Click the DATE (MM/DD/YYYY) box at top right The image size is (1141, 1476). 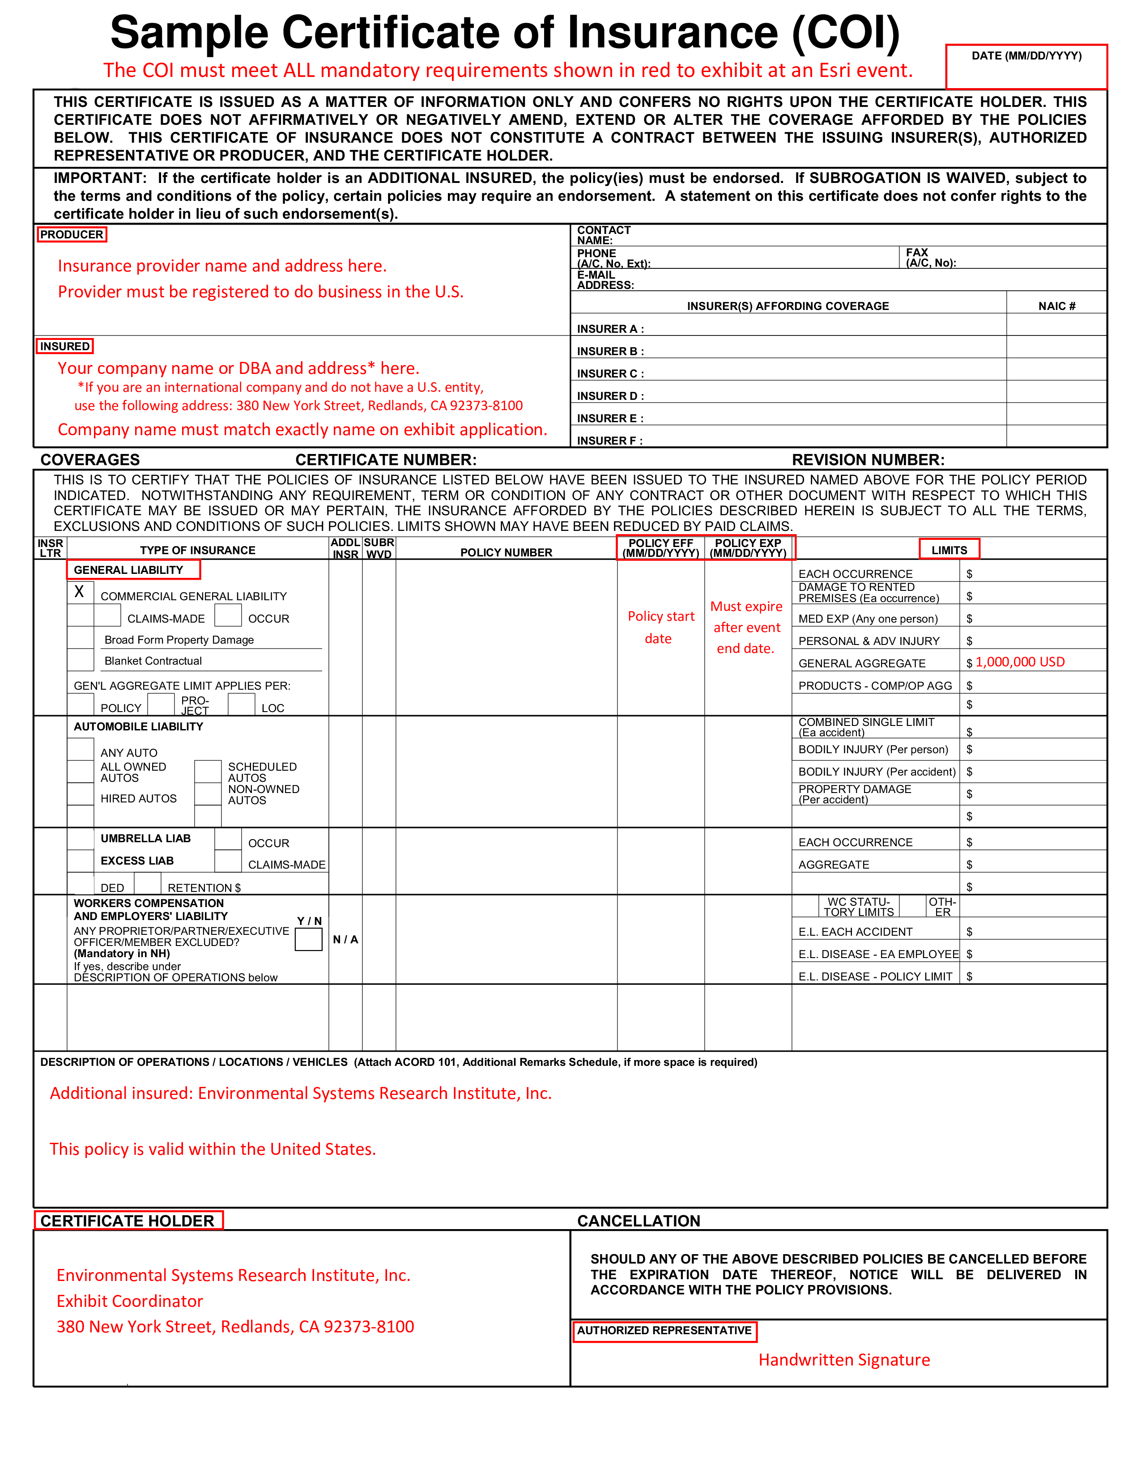tap(1026, 67)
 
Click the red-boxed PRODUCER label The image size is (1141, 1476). tap(72, 234)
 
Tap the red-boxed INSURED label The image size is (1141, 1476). tap(65, 346)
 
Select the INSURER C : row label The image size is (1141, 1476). tap(610, 374)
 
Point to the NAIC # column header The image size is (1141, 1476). tap(1056, 306)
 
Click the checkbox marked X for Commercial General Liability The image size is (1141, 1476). tap(80, 592)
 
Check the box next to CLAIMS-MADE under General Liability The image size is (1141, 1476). tap(107, 616)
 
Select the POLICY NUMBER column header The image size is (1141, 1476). tap(506, 552)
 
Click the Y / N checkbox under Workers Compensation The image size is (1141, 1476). tap(308, 939)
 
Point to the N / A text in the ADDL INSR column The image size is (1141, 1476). tap(345, 939)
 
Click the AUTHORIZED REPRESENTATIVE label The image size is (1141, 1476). tap(664, 1330)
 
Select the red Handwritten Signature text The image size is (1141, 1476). tap(843, 1360)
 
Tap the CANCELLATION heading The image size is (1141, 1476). tap(638, 1221)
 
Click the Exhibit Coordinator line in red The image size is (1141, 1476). tap(130, 1301)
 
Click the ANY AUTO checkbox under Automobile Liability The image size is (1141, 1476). tap(81, 749)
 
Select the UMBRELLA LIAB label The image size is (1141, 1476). tap(145, 838)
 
